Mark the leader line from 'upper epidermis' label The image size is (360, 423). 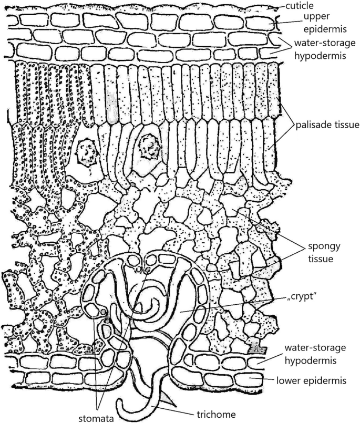click(x=280, y=23)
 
